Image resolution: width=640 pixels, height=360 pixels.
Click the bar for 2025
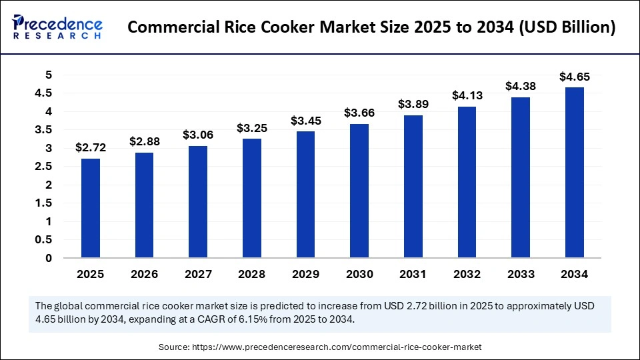(90, 208)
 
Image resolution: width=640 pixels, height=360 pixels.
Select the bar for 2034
(574, 172)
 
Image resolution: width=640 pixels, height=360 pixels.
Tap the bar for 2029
(305, 194)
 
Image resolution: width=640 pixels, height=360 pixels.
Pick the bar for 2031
(413, 186)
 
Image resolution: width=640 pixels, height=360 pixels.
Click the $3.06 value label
(197, 135)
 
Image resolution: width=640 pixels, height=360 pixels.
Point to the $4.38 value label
(520, 86)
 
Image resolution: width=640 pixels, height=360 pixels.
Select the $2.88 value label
(143, 141)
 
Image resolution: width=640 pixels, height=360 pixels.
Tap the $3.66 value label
(359, 113)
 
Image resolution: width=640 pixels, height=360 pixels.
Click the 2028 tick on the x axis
(251, 273)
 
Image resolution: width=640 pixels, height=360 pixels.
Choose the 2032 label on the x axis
(467, 273)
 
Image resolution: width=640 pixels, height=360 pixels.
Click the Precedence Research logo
(57, 27)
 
